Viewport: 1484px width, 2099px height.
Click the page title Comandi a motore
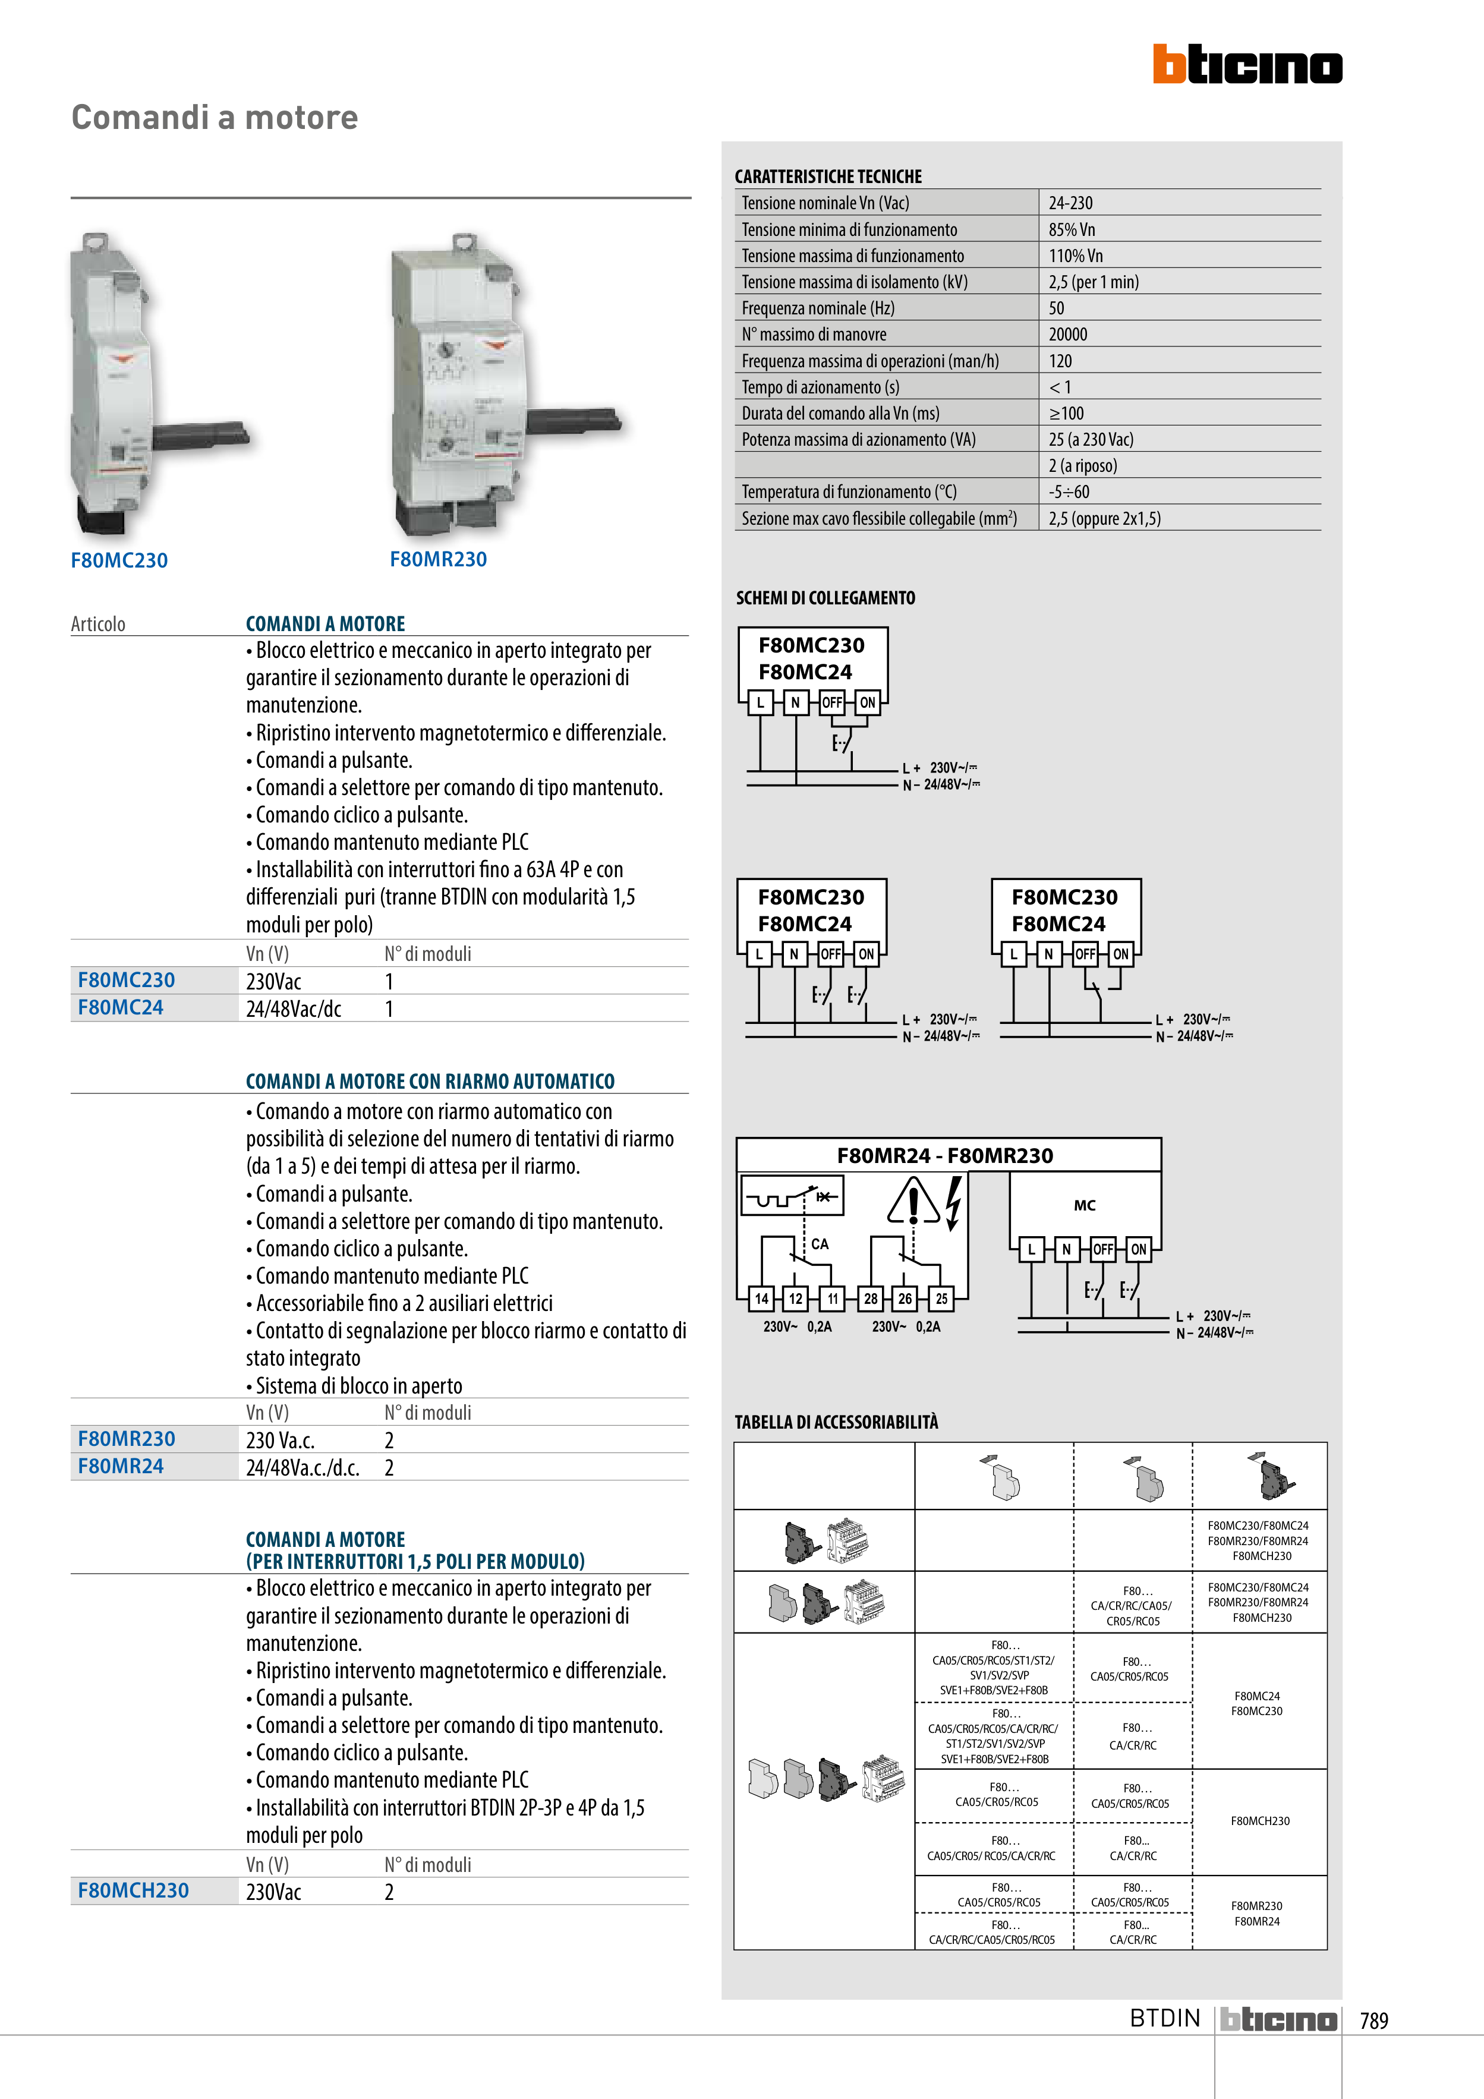(x=215, y=118)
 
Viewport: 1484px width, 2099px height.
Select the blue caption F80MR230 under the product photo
(x=438, y=559)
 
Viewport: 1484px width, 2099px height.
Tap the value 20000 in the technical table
(x=1068, y=335)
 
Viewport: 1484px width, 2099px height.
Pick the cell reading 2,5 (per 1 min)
(x=1094, y=282)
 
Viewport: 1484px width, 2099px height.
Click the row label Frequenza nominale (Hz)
(x=817, y=308)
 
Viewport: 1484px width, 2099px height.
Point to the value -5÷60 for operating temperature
(x=1069, y=492)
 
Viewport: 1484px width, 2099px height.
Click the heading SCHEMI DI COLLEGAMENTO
(x=825, y=598)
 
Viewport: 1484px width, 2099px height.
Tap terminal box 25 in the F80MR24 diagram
(x=941, y=1298)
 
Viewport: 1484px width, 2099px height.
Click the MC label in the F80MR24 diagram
(x=1085, y=1205)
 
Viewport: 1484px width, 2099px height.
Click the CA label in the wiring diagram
(x=820, y=1244)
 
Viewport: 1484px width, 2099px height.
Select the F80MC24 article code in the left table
(x=121, y=1007)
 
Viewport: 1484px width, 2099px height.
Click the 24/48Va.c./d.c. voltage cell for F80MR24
(x=303, y=1467)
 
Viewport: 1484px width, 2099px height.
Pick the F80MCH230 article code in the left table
(x=134, y=1890)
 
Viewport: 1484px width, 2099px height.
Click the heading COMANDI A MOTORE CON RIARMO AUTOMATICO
(x=430, y=1082)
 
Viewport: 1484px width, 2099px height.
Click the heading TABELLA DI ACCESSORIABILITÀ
(x=836, y=1422)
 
